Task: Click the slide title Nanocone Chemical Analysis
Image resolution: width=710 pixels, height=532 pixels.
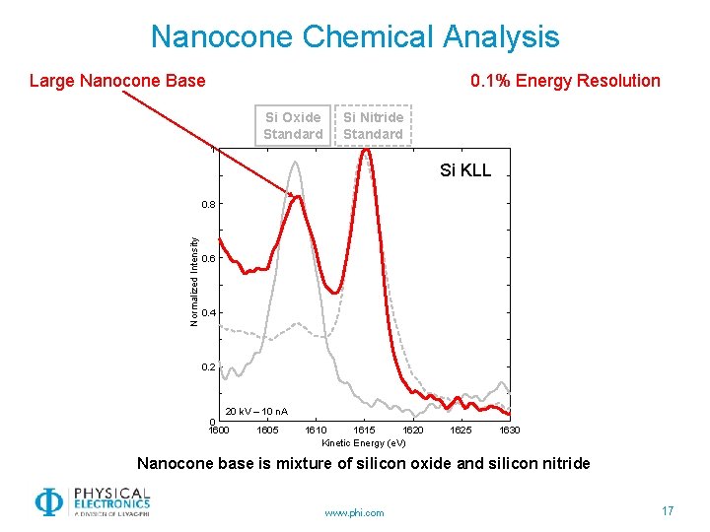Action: (x=355, y=37)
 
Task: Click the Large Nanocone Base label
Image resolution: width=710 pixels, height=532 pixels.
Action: (x=117, y=81)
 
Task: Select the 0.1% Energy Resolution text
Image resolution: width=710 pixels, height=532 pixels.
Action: (x=565, y=81)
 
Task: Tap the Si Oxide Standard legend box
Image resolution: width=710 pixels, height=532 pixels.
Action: (x=293, y=125)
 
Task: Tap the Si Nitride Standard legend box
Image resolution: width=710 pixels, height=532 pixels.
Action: (x=373, y=125)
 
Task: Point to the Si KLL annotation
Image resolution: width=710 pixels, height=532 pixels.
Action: (x=464, y=171)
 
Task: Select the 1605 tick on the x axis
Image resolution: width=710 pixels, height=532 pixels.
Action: (x=266, y=431)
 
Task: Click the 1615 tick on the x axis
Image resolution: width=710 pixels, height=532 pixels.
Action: (x=364, y=431)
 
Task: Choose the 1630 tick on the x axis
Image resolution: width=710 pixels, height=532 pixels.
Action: (x=510, y=431)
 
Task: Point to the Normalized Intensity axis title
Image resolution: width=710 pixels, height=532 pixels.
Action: (x=194, y=281)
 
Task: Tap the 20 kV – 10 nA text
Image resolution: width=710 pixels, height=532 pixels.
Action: (x=256, y=411)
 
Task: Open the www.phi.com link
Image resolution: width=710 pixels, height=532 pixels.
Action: (x=355, y=512)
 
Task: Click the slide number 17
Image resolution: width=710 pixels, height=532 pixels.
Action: (x=668, y=510)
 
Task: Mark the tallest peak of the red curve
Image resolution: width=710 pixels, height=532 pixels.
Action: (x=366, y=151)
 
